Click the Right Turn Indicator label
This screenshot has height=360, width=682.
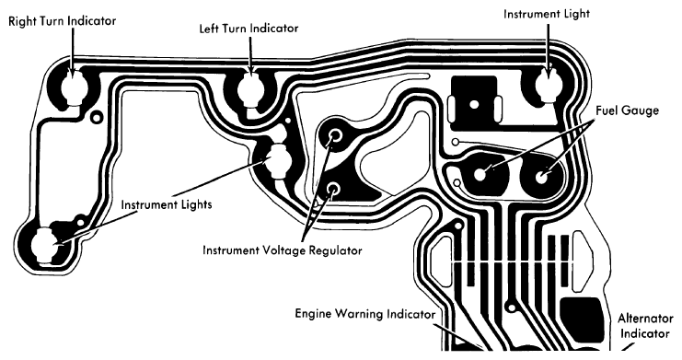coord(63,21)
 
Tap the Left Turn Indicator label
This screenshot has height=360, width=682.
coord(249,29)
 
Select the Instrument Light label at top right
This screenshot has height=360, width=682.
coord(547,14)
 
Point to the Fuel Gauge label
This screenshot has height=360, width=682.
coord(627,110)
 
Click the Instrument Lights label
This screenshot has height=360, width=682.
coord(167,204)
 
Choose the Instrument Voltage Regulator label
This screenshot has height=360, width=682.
coord(283,250)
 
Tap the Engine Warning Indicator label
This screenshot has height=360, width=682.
coord(364,314)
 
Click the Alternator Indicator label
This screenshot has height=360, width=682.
coord(645,326)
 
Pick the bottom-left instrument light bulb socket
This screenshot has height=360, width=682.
coord(45,245)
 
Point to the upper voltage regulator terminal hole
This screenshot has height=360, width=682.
coord(335,135)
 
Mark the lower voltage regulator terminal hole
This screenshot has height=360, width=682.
coord(333,189)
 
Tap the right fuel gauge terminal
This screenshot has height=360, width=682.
coord(541,177)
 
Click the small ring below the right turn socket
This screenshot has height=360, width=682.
coord(96,117)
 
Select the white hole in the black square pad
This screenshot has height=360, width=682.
coord(474,104)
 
